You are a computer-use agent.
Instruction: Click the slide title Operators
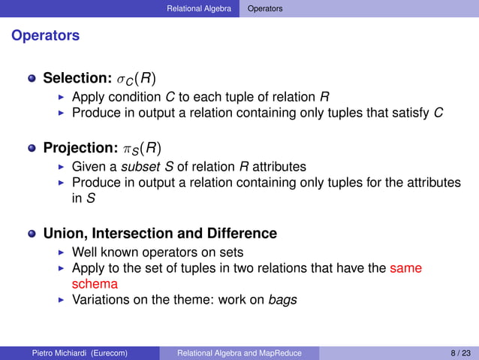click(x=45, y=35)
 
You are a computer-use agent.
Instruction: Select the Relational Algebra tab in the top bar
click(x=199, y=8)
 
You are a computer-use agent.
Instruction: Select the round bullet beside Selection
click(x=32, y=78)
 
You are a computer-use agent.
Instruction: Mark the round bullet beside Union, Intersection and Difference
click(x=32, y=234)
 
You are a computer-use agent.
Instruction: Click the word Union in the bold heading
click(x=65, y=234)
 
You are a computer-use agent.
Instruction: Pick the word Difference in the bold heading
click(x=244, y=234)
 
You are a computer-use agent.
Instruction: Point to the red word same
click(x=406, y=268)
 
